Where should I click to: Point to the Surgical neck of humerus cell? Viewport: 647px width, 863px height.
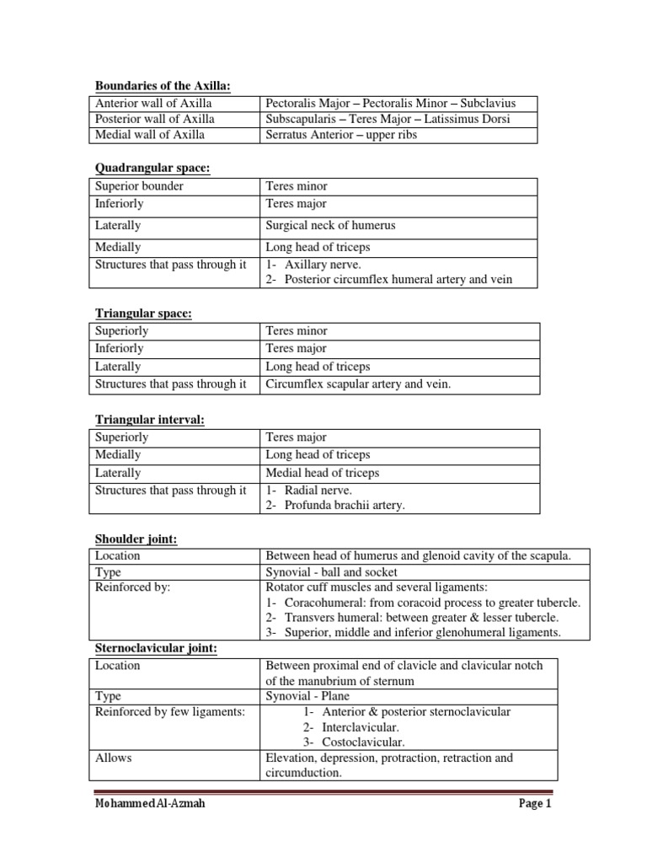330,226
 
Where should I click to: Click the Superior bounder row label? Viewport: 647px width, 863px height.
139,185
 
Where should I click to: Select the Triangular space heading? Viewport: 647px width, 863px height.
143,314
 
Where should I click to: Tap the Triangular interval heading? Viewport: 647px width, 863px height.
151,420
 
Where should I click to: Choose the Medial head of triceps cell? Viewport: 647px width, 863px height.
323,473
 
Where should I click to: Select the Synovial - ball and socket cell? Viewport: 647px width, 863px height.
331,571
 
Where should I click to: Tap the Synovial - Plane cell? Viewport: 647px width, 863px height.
307,696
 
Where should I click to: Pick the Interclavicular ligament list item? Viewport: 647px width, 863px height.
360,727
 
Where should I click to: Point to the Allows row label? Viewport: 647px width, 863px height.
114,758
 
